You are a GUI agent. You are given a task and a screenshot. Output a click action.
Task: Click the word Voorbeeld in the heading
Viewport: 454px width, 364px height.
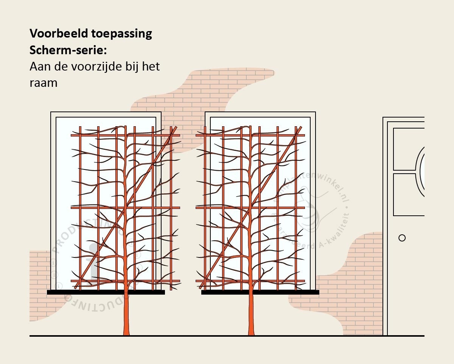[x=59, y=34]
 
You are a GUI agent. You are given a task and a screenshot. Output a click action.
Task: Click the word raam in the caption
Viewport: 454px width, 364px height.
[x=43, y=83]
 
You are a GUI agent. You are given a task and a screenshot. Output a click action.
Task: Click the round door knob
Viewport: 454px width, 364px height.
[x=402, y=238]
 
